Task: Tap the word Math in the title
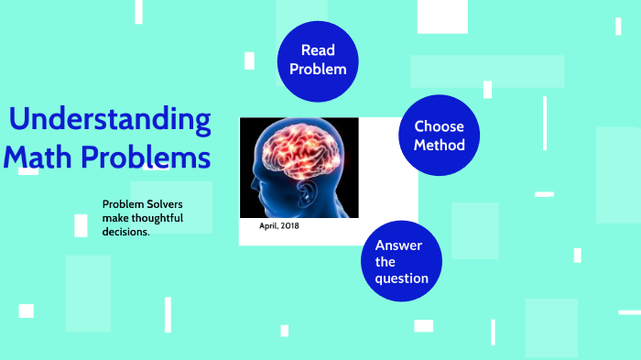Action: click(38, 157)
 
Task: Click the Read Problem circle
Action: click(317, 60)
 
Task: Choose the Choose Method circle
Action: click(439, 136)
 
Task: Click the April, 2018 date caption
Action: click(279, 225)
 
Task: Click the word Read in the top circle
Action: click(317, 51)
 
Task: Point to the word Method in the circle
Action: click(439, 145)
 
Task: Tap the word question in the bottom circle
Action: click(401, 278)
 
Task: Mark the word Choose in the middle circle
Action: click(439, 126)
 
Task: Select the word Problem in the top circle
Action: click(317, 69)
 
